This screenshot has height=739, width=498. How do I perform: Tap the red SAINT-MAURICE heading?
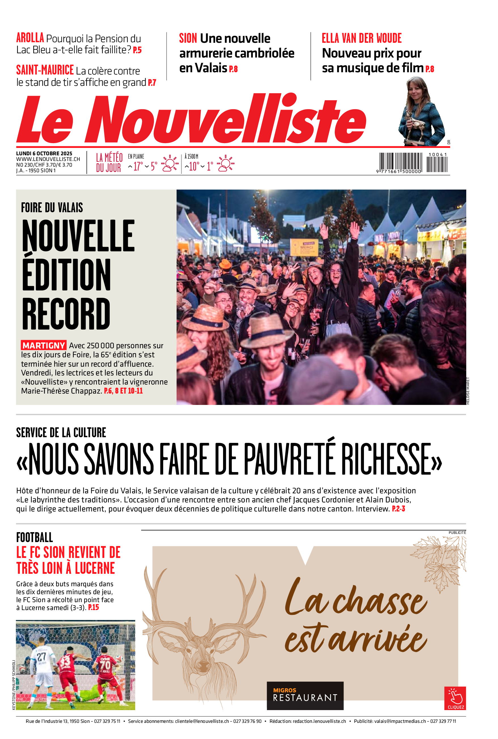click(x=45, y=70)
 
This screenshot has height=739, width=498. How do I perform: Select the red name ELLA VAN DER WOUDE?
click(x=361, y=39)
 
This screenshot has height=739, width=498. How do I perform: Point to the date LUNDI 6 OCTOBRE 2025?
click(x=44, y=154)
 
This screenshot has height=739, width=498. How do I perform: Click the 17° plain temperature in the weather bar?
click(x=138, y=166)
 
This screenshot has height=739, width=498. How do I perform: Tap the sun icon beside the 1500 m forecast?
click(x=226, y=163)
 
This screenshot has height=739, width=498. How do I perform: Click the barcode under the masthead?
click(x=413, y=163)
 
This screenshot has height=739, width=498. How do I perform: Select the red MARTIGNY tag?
click(x=44, y=345)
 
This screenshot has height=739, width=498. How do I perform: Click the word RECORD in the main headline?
click(x=66, y=314)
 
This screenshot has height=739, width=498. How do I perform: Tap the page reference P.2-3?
click(x=398, y=509)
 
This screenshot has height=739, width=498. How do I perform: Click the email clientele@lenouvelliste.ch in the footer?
click(x=202, y=721)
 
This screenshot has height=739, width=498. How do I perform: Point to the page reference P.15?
click(x=93, y=607)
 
